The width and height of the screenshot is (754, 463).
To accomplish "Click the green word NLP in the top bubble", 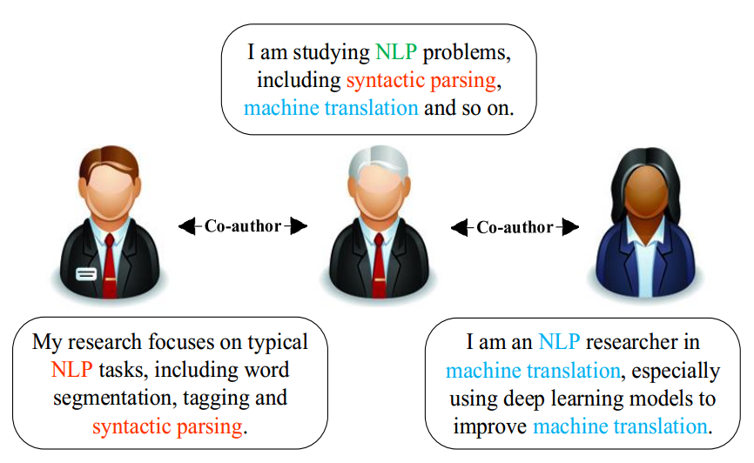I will point(397,53).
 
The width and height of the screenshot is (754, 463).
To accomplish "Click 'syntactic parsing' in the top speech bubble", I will point(421,81).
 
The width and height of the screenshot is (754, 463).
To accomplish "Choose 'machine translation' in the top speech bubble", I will point(331,109).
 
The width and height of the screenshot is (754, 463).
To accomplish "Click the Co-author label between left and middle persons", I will point(243,226).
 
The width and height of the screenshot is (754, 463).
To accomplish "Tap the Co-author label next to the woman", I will point(515,227).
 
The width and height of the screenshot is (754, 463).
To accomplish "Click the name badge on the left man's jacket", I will point(85,273).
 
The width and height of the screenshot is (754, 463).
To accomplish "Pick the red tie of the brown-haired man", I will point(111,252).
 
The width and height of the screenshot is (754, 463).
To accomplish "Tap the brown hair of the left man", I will point(109,161).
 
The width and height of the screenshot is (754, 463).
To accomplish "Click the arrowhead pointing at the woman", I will point(570,227).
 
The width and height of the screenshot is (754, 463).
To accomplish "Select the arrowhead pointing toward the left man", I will point(186,226).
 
